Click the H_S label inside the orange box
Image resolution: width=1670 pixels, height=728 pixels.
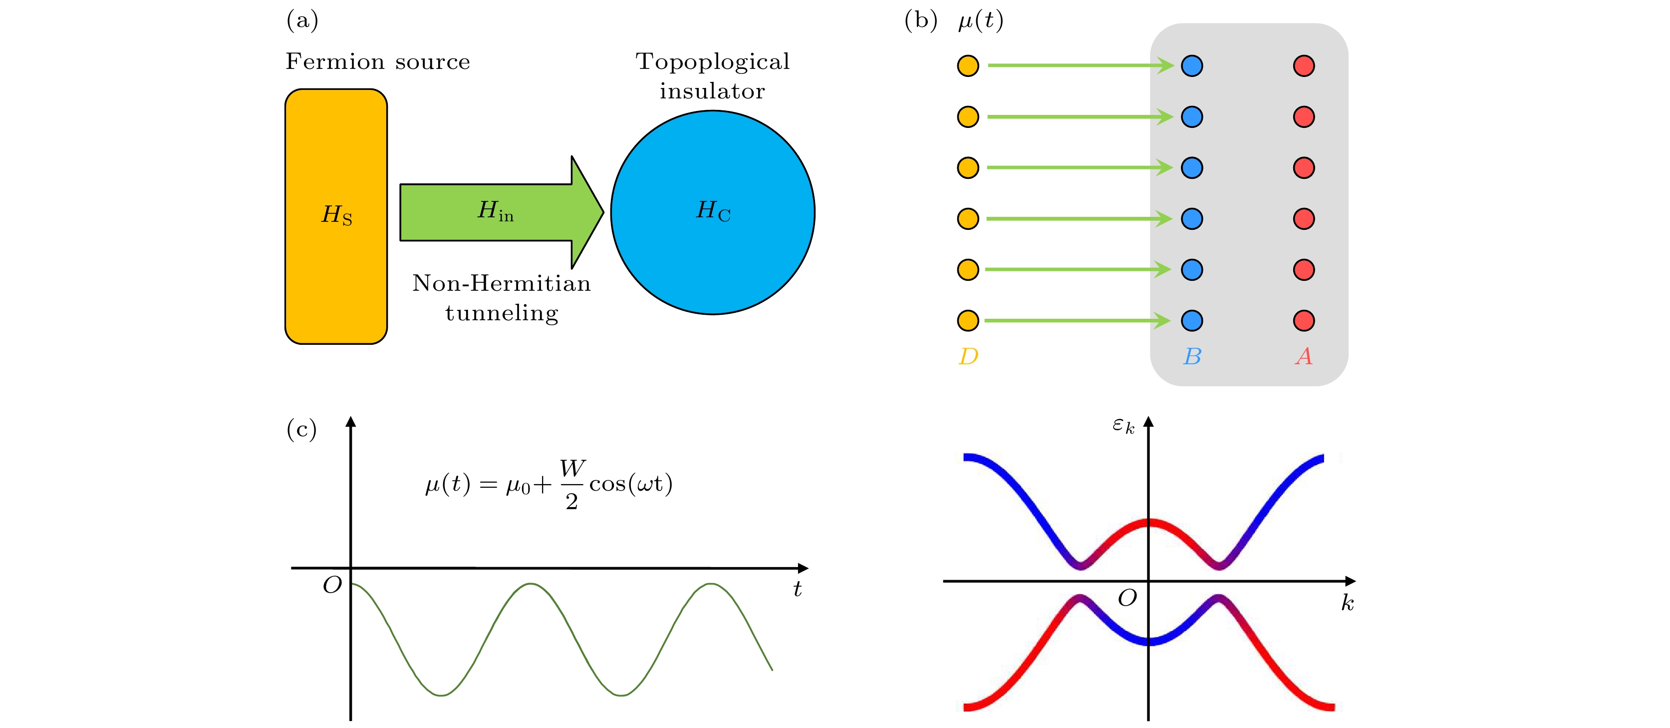pos(336,215)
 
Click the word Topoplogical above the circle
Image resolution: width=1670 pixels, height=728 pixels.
pos(713,61)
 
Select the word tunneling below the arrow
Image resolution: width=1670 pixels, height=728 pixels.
pos(501,313)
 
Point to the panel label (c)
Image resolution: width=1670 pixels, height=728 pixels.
pos(301,430)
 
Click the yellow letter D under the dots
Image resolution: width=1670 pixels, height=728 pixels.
pos(968,356)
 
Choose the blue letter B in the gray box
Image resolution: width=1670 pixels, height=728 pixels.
pos(1192,356)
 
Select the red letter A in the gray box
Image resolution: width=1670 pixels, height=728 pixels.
pos(1304,356)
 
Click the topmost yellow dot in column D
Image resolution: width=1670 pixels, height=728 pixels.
pos(968,65)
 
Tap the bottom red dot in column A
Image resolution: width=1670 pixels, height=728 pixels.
pos(1304,320)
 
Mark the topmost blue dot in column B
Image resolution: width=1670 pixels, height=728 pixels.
pos(1192,65)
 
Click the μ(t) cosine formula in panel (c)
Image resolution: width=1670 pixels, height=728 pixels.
pos(549,484)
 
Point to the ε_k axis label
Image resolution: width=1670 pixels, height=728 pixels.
pos(1123,426)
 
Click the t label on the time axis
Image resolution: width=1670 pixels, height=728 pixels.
pos(798,589)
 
